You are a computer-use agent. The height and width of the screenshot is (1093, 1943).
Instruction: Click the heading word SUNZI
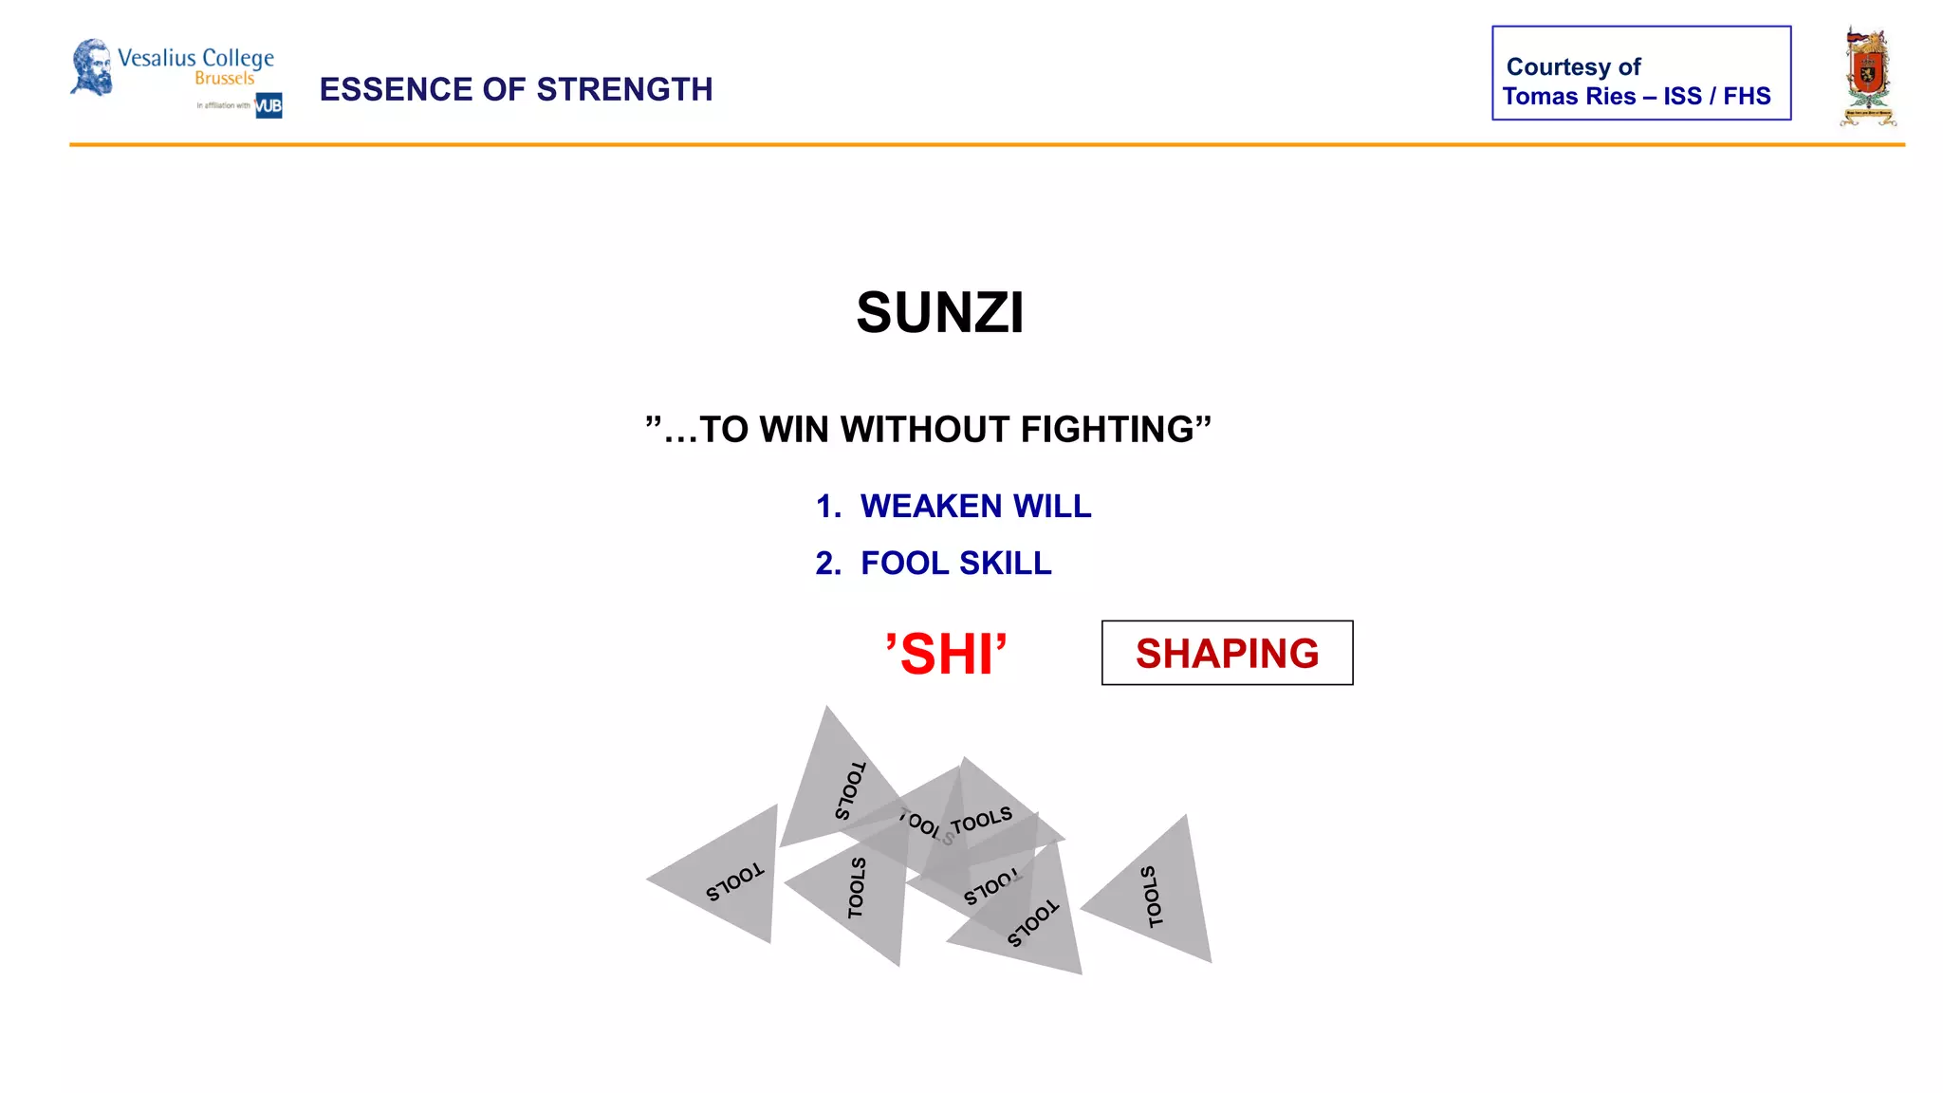[939, 313]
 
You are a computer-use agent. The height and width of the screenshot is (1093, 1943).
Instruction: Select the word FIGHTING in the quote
[1116, 430]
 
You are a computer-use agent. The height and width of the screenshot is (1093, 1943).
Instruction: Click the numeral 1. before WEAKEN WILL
[828, 507]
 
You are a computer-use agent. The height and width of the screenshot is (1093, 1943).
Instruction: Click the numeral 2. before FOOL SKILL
[828, 564]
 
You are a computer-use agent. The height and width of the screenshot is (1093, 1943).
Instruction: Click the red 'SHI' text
[945, 655]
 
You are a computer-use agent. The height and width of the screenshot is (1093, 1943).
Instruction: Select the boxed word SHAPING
[1227, 654]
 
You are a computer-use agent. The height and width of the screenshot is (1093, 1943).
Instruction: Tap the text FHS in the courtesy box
[1747, 97]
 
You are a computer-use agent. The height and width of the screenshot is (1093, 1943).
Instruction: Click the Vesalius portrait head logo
[92, 67]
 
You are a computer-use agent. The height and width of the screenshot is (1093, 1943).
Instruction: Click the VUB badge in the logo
[268, 105]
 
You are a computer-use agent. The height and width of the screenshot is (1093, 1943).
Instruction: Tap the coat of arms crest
[1867, 76]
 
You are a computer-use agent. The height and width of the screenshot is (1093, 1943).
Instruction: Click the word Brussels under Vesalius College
[225, 79]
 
